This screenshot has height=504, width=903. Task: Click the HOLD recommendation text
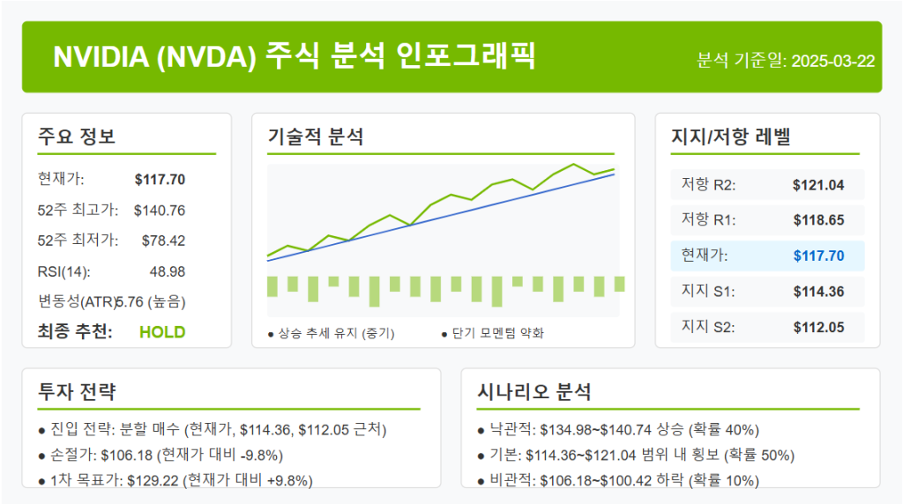tap(162, 332)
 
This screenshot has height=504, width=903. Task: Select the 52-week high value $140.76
tap(160, 210)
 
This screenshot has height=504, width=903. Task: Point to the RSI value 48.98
tap(167, 271)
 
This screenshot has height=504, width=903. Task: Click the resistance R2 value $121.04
tap(818, 185)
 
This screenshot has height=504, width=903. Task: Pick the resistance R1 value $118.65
tap(818, 220)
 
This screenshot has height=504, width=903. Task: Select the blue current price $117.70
tap(818, 256)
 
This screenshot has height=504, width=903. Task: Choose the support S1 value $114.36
tap(818, 292)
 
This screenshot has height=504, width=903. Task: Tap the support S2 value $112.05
tap(818, 327)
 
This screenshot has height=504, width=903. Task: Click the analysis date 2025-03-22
tap(832, 61)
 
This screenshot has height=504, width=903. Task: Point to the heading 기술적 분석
tap(316, 137)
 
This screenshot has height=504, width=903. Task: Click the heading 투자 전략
tap(77, 392)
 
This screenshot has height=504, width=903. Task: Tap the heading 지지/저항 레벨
tap(731, 137)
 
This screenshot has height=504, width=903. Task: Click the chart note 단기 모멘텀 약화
tap(498, 333)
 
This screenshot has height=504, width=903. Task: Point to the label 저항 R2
tap(708, 185)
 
